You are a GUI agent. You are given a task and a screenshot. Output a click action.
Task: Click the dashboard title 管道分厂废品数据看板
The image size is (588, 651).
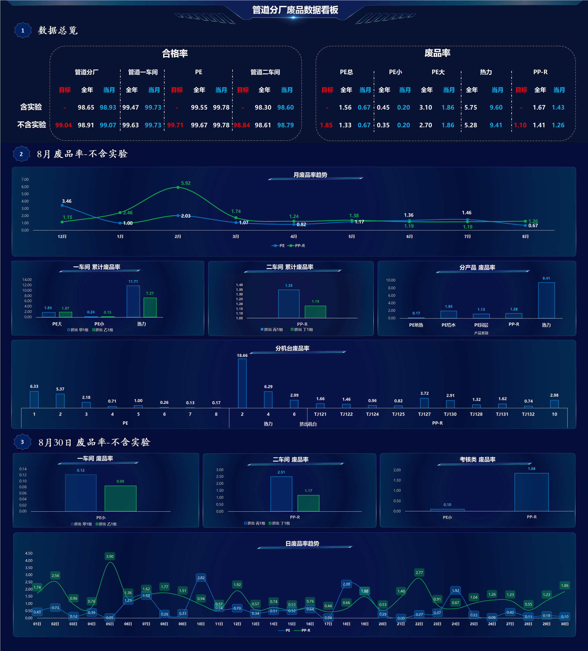click(295, 10)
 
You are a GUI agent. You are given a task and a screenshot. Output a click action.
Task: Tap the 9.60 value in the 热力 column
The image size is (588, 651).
click(496, 107)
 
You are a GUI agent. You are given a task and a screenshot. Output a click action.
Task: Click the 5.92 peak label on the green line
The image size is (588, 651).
click(186, 183)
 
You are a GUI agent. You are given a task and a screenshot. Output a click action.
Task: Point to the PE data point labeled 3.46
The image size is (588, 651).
click(62, 205)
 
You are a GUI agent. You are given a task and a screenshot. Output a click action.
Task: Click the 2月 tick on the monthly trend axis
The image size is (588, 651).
click(178, 237)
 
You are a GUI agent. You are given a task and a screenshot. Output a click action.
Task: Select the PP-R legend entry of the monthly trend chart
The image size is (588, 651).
click(296, 246)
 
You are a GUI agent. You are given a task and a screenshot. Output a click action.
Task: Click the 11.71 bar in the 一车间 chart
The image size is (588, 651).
click(133, 301)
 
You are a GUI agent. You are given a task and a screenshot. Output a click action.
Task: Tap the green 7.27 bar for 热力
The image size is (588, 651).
click(150, 308)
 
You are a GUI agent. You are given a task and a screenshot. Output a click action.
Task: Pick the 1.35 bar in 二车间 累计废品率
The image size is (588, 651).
click(289, 304)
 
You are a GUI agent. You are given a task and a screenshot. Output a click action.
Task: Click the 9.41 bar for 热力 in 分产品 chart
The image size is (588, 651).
click(546, 300)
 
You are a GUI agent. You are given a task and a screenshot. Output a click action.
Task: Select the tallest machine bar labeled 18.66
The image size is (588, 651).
click(242, 383)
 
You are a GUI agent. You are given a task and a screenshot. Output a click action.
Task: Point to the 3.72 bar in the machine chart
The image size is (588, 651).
click(424, 403)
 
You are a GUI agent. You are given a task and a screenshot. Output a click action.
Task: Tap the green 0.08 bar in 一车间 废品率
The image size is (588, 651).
click(121, 498)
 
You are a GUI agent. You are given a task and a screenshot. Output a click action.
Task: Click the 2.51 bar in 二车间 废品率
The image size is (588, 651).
click(281, 494)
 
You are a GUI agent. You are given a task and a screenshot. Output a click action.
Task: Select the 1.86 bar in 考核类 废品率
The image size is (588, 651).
click(532, 492)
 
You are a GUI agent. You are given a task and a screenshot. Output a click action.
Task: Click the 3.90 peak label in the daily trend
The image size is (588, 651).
click(110, 556)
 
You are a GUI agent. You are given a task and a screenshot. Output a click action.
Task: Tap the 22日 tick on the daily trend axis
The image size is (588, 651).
click(419, 624)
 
